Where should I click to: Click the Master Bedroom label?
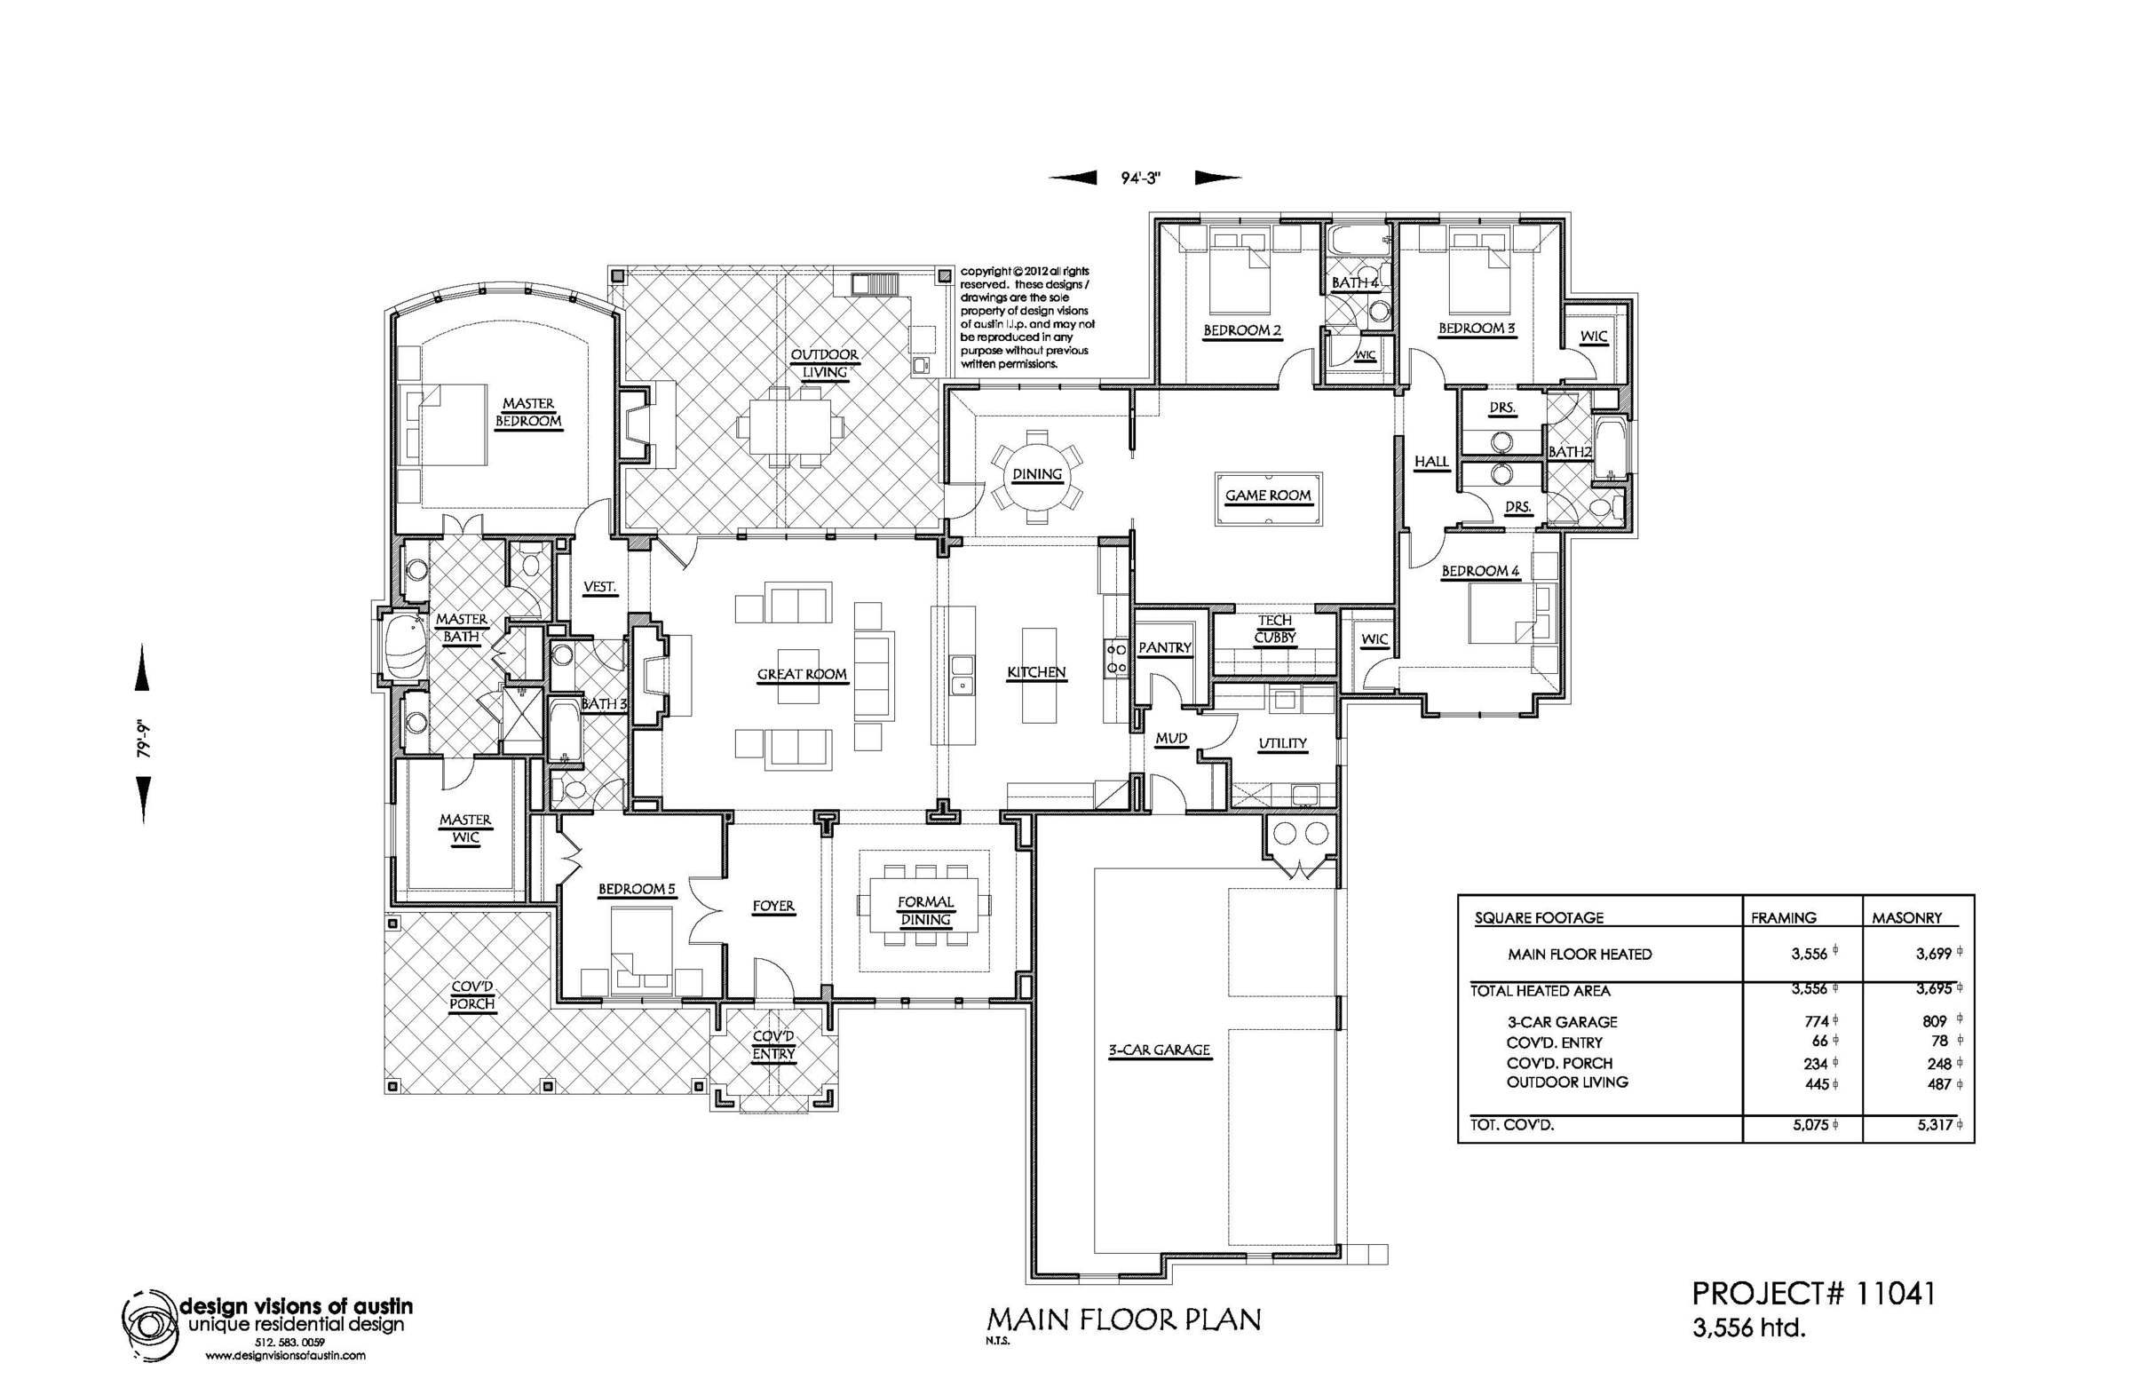(528, 412)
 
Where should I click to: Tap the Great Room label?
(803, 674)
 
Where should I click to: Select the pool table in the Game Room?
(1267, 495)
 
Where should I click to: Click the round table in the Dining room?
(1037, 474)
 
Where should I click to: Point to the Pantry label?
(1165, 647)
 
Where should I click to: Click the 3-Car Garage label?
(1160, 1050)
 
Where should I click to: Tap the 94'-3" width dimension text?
(1141, 178)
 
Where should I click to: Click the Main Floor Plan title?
(1124, 1320)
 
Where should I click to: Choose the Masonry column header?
(1907, 918)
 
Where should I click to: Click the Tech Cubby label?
(1274, 629)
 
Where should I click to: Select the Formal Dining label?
(926, 911)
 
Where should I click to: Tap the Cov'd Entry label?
(773, 1045)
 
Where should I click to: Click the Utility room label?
(1282, 743)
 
